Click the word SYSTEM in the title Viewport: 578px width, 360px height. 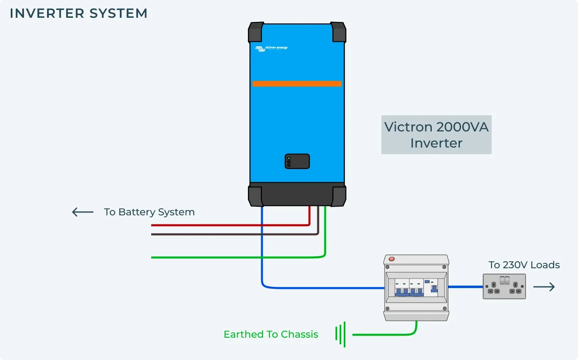click(x=118, y=14)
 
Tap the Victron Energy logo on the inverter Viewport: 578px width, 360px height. click(x=271, y=48)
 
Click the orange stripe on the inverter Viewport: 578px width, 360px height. click(x=297, y=84)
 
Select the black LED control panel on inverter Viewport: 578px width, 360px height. click(x=297, y=161)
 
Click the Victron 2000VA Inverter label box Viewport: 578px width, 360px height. click(x=436, y=135)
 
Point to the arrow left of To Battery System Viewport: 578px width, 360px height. click(x=83, y=212)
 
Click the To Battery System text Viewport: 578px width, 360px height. click(x=149, y=212)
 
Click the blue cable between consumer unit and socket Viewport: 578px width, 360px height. click(x=466, y=286)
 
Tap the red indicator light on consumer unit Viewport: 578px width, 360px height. click(x=392, y=259)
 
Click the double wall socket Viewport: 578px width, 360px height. click(x=504, y=286)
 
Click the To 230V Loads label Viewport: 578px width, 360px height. click(x=524, y=265)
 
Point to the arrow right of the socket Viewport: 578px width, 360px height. click(x=544, y=287)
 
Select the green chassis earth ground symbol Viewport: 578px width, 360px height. click(x=340, y=334)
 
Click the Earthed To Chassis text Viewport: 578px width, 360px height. click(x=271, y=334)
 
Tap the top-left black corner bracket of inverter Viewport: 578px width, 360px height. click(x=256, y=32)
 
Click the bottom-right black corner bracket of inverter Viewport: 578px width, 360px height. click(x=338, y=196)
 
